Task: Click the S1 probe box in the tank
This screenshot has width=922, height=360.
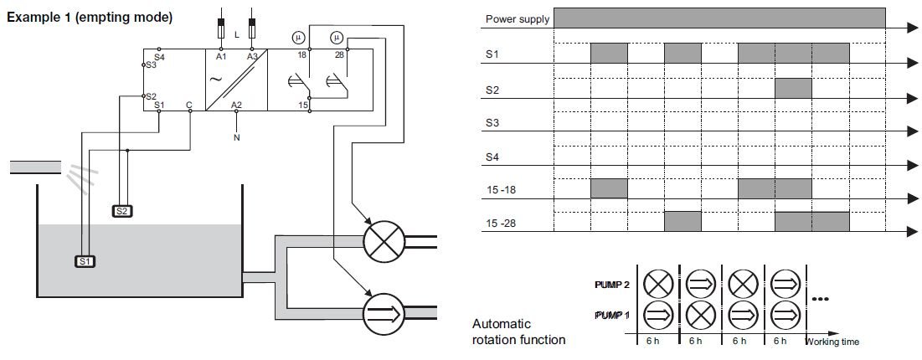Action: (86, 261)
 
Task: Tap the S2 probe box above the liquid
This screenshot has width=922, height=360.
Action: (122, 210)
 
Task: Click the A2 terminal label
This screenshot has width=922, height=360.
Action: (236, 105)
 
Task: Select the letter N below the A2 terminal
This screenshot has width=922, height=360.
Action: (237, 136)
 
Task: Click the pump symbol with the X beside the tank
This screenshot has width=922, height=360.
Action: (382, 242)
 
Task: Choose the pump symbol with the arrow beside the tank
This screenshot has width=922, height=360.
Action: (382, 314)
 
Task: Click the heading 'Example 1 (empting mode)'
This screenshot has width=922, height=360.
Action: (90, 17)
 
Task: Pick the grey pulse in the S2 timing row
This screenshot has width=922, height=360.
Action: (793, 88)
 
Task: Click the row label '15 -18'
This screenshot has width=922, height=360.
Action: (502, 190)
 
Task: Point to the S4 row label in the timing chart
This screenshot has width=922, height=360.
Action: (494, 157)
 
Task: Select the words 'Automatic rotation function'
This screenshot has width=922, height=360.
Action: (518, 332)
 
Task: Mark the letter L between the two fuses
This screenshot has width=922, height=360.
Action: (237, 33)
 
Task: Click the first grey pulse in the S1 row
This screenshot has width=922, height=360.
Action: (609, 54)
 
